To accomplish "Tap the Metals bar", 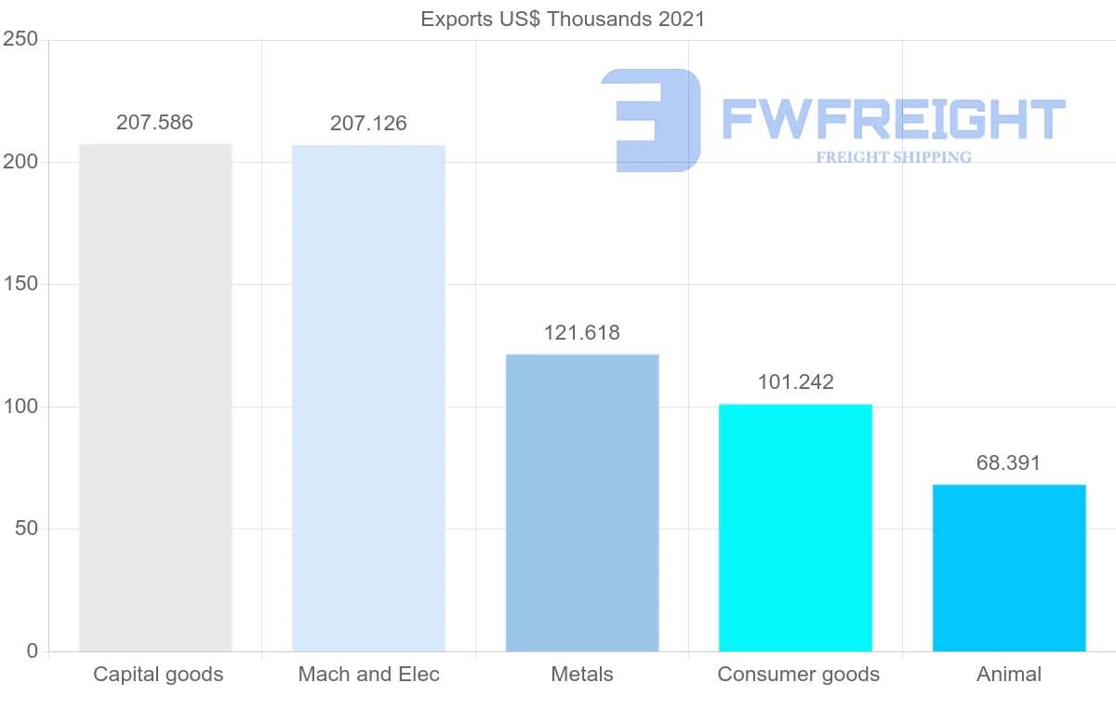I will (x=582, y=502).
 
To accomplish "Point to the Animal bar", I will (x=1009, y=568).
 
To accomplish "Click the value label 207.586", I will (x=154, y=123).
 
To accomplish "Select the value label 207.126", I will (x=368, y=123).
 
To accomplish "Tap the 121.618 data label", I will (x=582, y=333).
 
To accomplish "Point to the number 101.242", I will (x=795, y=382).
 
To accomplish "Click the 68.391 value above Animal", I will (x=1008, y=463).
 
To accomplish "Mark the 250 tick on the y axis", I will (x=20, y=40).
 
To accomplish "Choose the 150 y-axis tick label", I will (x=20, y=285).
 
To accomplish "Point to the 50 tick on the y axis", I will (x=25, y=529).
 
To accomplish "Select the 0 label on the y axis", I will (x=32, y=651).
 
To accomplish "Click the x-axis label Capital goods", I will (x=158, y=675).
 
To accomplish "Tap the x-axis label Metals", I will (x=582, y=675).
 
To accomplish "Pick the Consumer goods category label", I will (x=798, y=675).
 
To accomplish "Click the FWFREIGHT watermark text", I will (x=893, y=120).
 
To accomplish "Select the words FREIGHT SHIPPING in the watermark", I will (x=894, y=157).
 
